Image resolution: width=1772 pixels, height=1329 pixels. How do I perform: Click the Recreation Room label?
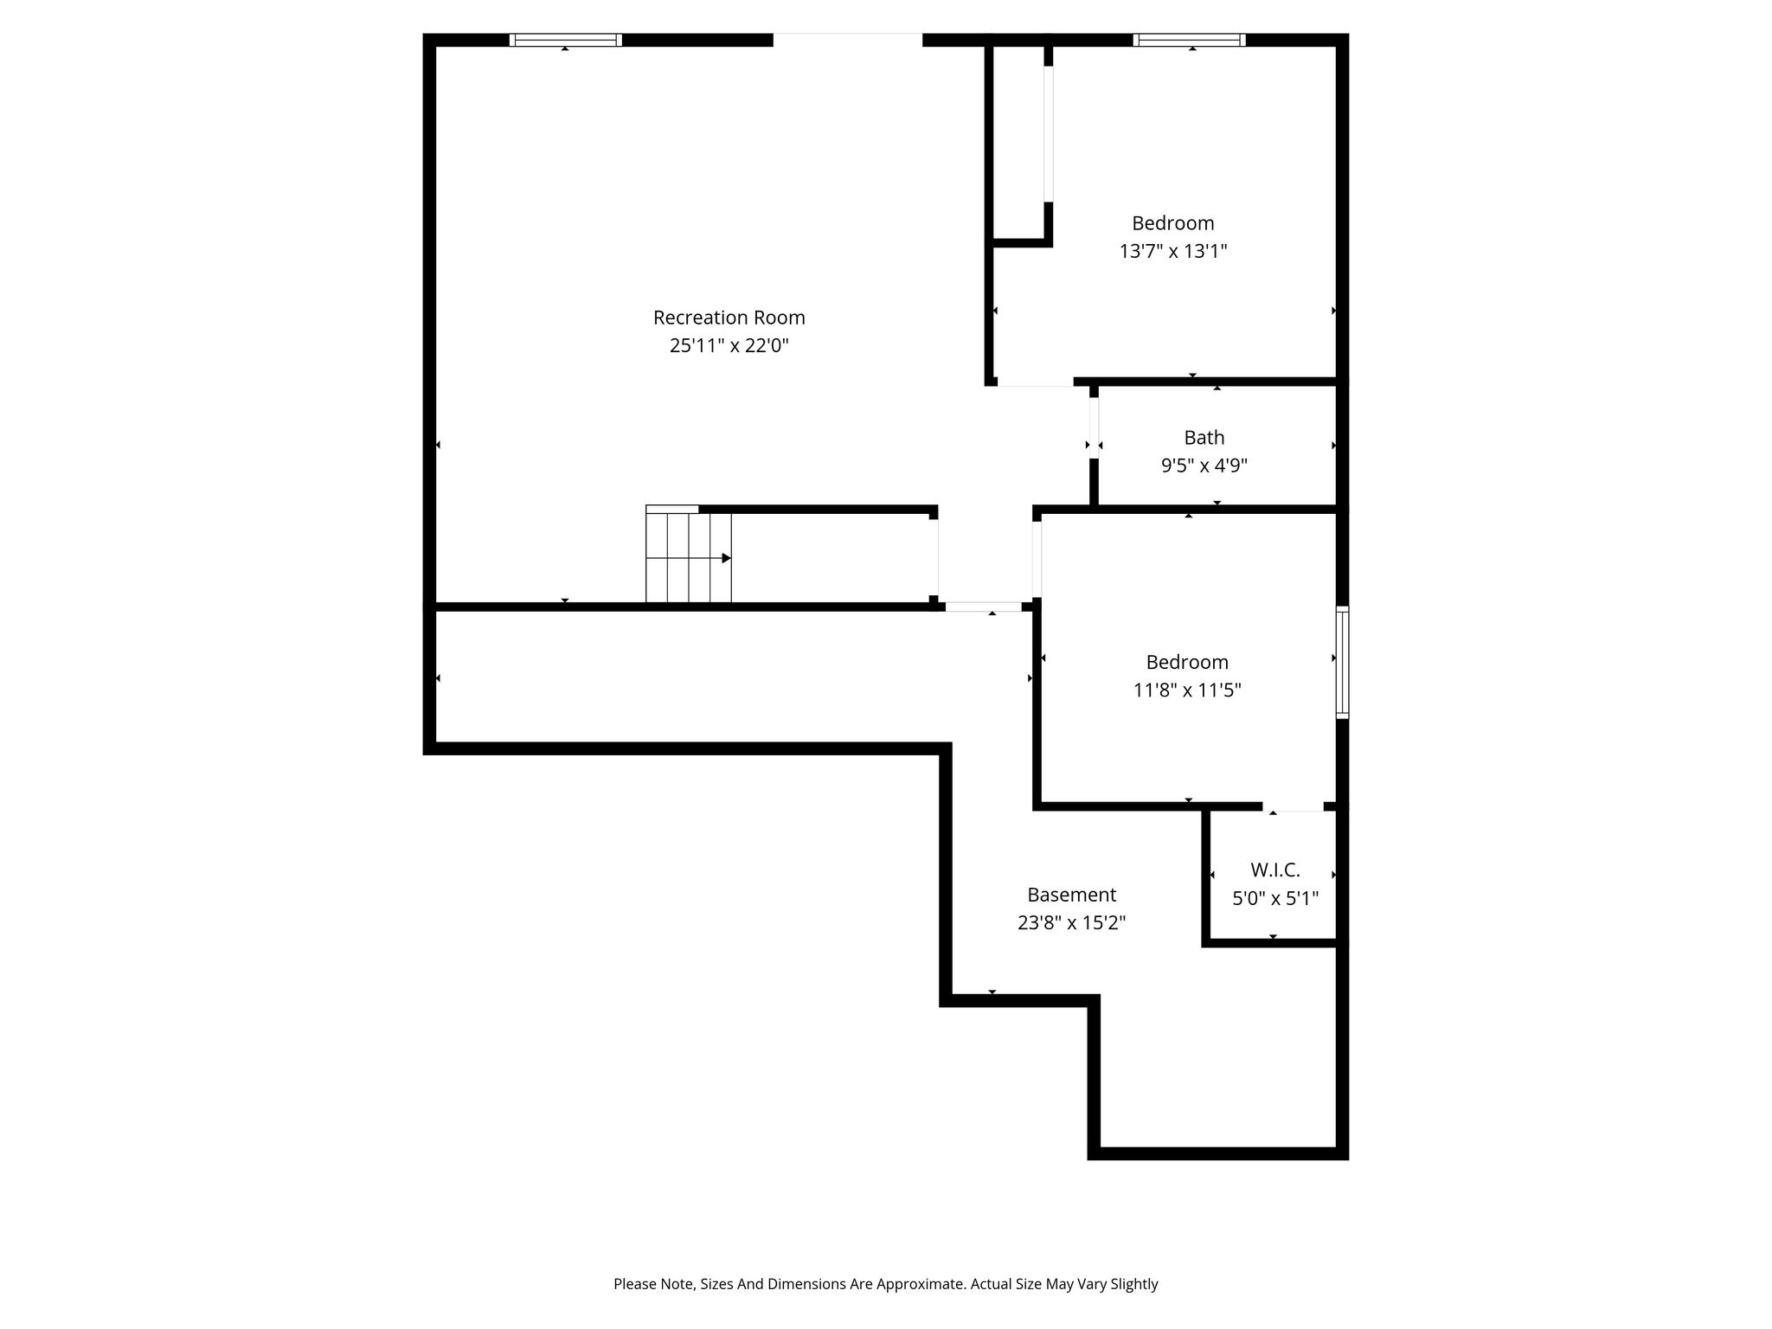tap(729, 318)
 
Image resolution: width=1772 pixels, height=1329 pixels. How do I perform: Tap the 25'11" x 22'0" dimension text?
tap(729, 346)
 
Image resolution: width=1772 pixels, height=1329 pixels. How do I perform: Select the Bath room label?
tap(1204, 438)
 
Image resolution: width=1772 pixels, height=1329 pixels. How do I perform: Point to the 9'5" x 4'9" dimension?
tap(1204, 466)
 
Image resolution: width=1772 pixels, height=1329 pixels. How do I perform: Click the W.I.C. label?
tap(1274, 870)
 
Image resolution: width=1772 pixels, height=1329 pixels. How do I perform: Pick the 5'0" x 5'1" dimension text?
tap(1274, 899)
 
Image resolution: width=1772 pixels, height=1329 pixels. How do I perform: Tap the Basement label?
tap(1071, 895)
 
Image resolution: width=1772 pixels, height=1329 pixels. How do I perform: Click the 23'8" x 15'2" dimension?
tap(1071, 923)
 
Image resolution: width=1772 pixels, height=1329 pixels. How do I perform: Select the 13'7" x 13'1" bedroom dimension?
tap(1172, 252)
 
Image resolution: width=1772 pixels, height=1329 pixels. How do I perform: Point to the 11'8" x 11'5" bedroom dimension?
tap(1187, 690)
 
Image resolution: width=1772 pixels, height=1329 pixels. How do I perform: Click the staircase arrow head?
tap(727, 558)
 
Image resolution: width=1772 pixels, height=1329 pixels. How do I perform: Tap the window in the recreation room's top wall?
tap(565, 40)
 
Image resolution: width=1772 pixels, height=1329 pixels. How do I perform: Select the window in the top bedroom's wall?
tap(1189, 40)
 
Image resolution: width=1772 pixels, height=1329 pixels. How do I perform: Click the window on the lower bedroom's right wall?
tap(1342, 663)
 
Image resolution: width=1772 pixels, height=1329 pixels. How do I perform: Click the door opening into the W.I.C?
tap(1292, 806)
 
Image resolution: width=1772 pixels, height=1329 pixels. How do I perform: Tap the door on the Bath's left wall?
tap(1094, 427)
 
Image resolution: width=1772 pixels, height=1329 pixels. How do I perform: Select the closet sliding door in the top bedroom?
tap(1048, 134)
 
